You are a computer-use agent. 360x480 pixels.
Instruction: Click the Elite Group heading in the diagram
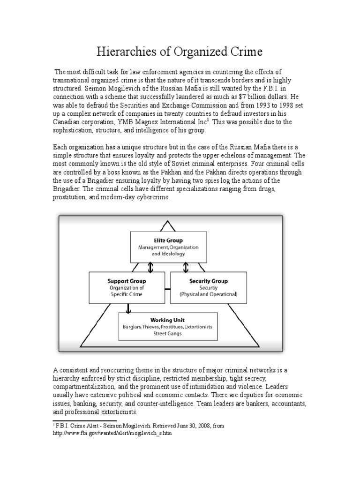[x=168, y=240]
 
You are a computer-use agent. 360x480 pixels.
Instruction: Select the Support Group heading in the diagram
[x=126, y=281]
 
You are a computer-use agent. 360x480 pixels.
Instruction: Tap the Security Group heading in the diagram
[x=209, y=281]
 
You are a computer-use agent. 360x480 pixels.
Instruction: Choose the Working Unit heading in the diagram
[x=167, y=320]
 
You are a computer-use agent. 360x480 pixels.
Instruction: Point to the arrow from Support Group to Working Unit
[x=127, y=307]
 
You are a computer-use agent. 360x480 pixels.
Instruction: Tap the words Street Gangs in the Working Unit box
[x=167, y=333]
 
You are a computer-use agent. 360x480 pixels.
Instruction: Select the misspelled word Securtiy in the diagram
[x=209, y=288]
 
